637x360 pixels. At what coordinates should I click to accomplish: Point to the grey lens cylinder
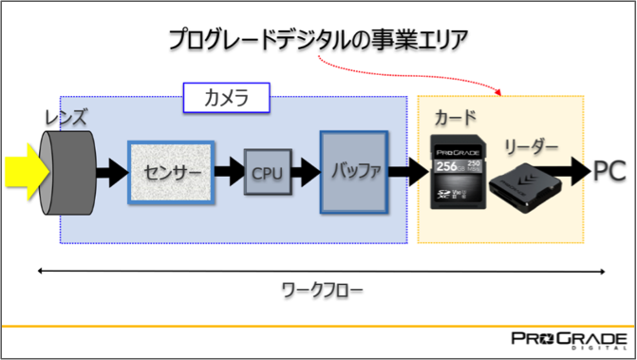coord(72,172)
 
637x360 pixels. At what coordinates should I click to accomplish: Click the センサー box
coord(171,172)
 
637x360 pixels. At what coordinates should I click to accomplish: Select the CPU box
coord(267,173)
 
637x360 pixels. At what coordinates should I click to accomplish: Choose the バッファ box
coord(355,172)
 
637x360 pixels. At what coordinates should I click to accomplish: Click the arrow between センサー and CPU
coord(230,173)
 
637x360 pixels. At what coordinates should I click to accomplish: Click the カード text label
coord(455,118)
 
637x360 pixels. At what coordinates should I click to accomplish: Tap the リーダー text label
coord(531,147)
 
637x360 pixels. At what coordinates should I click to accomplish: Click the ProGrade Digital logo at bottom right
coord(568,341)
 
